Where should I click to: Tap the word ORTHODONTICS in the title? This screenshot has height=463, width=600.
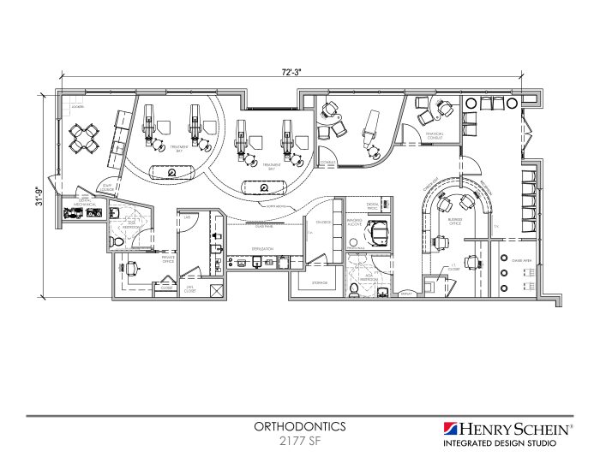tap(299, 425)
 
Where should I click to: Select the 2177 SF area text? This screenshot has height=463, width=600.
tap(299, 442)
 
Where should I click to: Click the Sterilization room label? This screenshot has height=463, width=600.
tap(262, 248)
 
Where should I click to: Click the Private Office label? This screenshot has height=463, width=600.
tap(168, 259)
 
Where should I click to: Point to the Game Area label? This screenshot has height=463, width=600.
tap(522, 258)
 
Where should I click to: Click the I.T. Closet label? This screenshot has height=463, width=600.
tap(453, 268)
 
